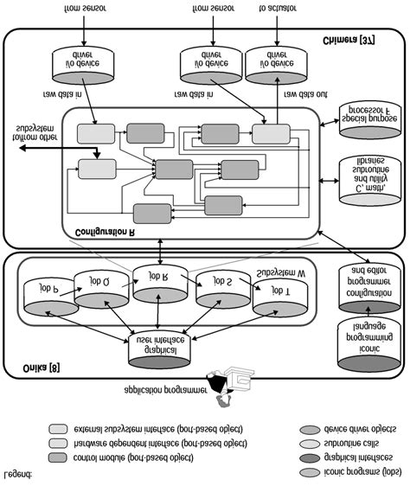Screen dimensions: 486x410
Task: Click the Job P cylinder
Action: [43, 291]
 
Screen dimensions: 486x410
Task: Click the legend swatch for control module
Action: [59, 457]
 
